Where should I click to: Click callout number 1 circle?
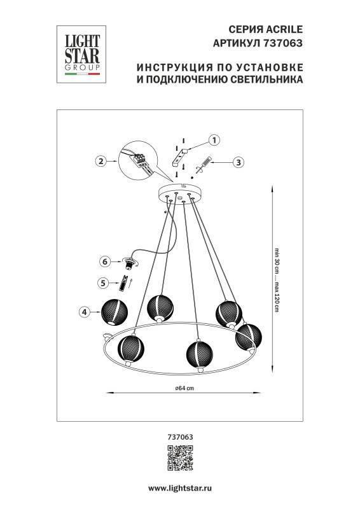click(214, 139)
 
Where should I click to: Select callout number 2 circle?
click(100, 162)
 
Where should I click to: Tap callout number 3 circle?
click(238, 162)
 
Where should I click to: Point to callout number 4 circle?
click(83, 312)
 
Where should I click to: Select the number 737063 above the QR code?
click(179, 436)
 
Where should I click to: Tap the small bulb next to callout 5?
click(126, 281)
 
